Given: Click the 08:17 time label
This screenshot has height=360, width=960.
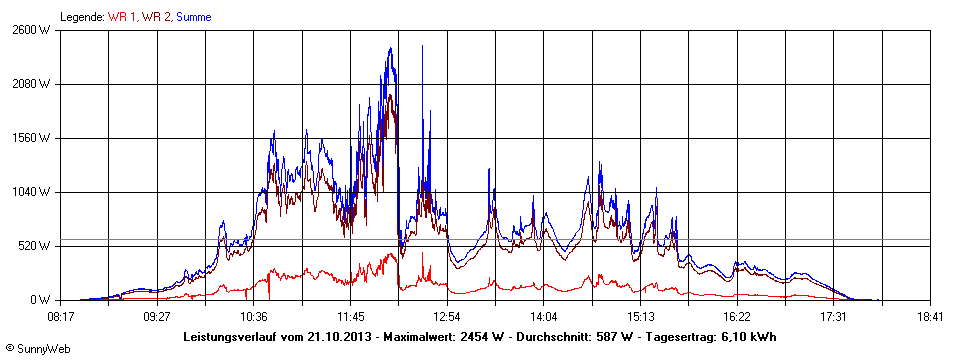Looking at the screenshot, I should pos(61,316).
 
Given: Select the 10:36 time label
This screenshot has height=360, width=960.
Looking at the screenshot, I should pos(254,316).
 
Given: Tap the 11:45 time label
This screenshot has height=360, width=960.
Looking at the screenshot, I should pos(351,316).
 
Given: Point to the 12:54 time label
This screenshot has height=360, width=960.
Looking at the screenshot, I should pos(447,316).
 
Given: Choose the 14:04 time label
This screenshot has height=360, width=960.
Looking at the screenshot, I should pos(544,316).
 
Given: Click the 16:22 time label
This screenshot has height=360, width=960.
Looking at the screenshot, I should pos(737,316).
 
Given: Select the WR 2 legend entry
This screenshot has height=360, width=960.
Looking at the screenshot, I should pos(156,17).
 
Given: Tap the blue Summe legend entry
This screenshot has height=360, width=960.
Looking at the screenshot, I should pos(194,17).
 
